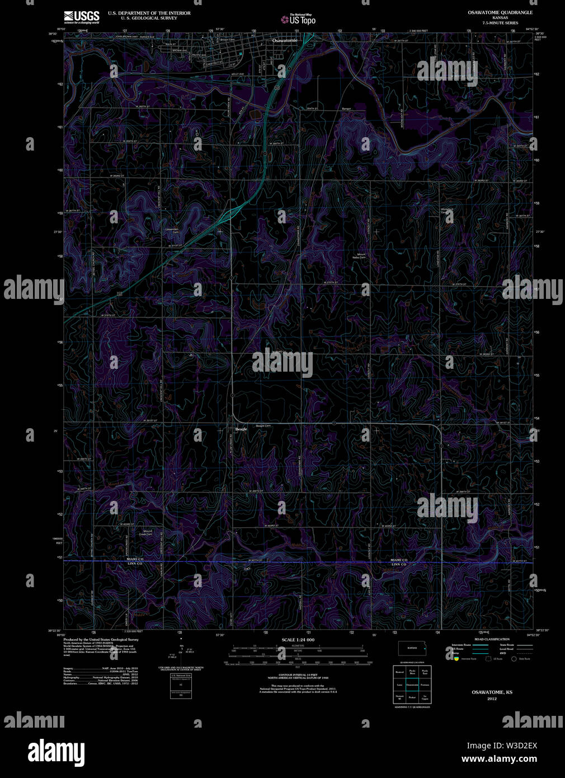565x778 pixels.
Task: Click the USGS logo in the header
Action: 82,17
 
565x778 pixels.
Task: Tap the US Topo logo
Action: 299,20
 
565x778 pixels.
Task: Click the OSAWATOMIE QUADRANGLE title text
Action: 500,12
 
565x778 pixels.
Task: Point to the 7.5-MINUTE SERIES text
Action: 500,23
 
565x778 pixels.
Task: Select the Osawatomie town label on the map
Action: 284,41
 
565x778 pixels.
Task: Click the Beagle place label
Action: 241,429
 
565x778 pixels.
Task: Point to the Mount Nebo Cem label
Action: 361,256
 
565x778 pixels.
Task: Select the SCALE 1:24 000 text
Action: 298,640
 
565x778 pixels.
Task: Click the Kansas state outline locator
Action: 412,648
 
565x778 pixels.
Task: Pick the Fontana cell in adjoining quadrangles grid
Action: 425,685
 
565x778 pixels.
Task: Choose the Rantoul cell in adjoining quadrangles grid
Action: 399,672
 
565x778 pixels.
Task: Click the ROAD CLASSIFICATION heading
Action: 492,639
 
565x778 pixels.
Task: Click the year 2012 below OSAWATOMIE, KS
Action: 492,699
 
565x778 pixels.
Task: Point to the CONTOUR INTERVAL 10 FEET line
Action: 298,677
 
